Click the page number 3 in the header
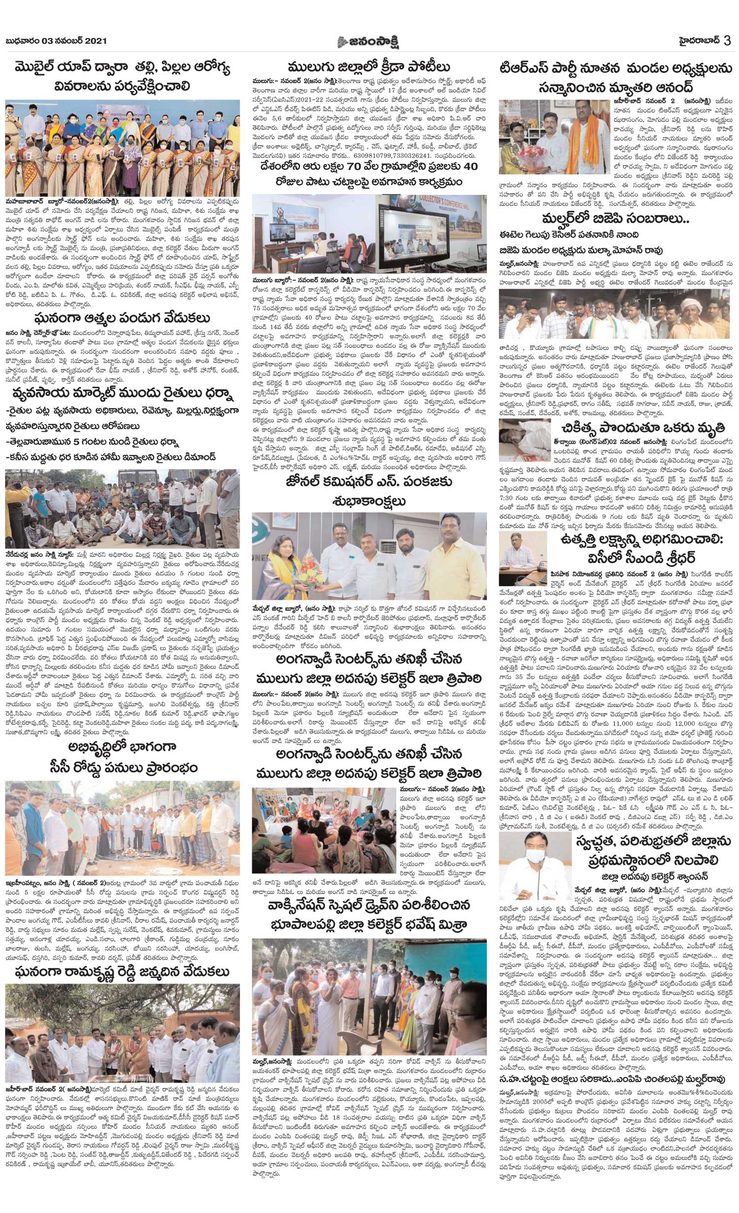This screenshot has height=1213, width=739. click(x=728, y=41)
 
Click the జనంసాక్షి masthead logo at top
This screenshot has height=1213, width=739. click(x=369, y=42)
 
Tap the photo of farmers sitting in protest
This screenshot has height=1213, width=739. click(x=123, y=508)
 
